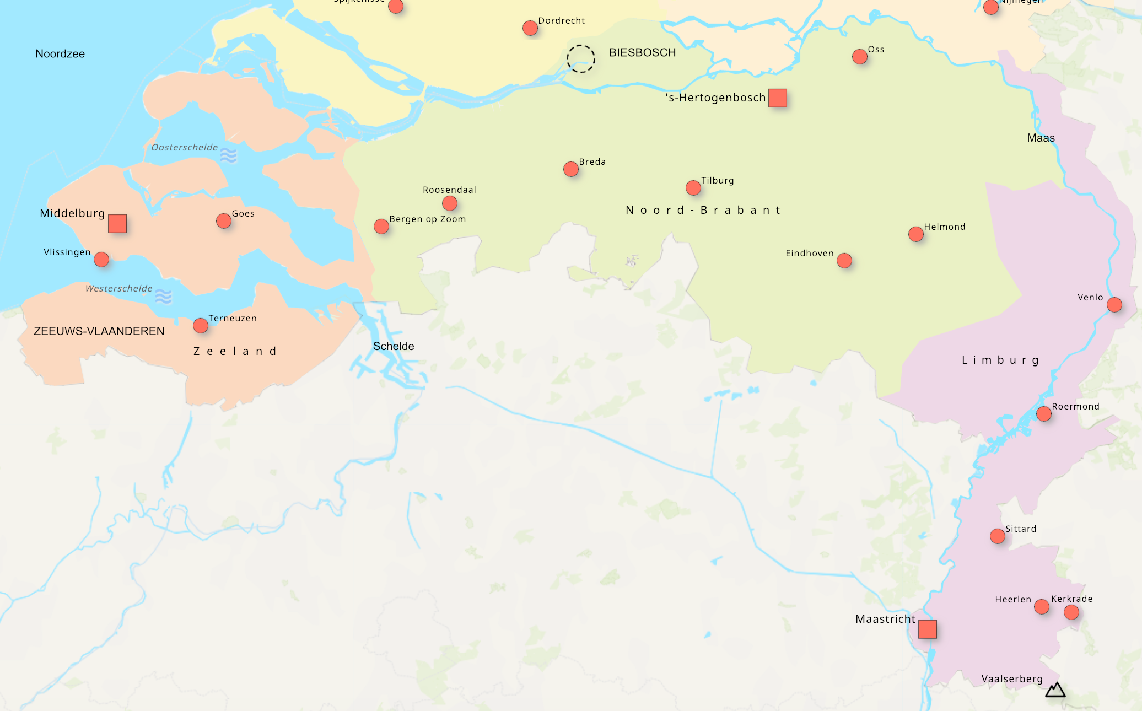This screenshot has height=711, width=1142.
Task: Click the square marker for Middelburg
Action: (x=117, y=224)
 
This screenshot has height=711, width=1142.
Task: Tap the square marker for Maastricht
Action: (x=928, y=629)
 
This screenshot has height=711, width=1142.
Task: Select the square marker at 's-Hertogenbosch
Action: (x=778, y=98)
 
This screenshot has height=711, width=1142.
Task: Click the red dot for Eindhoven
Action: (x=844, y=261)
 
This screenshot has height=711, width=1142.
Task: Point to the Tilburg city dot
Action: (x=693, y=188)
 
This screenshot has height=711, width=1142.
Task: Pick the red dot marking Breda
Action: (x=571, y=169)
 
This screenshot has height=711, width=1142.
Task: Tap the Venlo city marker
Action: (x=1114, y=305)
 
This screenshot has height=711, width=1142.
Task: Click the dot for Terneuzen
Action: (x=201, y=326)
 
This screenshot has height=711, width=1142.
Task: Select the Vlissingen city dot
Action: (x=101, y=260)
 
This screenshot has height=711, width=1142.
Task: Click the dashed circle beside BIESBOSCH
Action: (x=581, y=59)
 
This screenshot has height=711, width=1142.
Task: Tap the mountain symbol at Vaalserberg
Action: (x=1055, y=690)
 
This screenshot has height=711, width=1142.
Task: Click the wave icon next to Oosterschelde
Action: (x=228, y=155)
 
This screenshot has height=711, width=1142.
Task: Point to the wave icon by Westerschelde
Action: (x=163, y=297)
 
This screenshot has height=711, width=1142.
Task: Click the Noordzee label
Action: (x=60, y=54)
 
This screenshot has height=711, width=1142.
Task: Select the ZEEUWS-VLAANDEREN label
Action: (x=99, y=331)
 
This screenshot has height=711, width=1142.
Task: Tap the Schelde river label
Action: (x=394, y=346)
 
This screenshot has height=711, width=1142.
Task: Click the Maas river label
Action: (x=1041, y=138)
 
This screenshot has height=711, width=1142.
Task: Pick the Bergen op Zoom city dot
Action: (x=381, y=227)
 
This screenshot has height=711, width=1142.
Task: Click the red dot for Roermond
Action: (x=1044, y=414)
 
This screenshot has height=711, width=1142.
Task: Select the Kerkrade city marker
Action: (x=1071, y=612)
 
